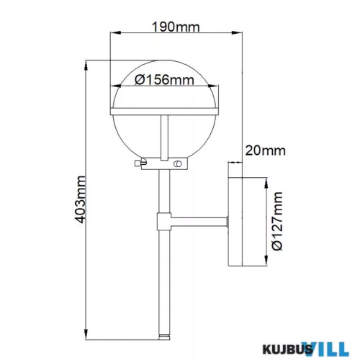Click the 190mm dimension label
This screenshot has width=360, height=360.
click(x=176, y=27)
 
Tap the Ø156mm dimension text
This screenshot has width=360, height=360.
click(x=164, y=80)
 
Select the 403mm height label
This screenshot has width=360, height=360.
click(x=80, y=199)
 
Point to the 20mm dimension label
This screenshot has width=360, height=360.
click(x=265, y=150)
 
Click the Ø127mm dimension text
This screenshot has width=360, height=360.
click(x=277, y=221)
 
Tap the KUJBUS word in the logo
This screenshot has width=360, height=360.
click(x=287, y=349)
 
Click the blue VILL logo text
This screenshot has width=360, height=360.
click(x=327, y=348)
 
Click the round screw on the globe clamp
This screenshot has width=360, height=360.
click(x=178, y=164)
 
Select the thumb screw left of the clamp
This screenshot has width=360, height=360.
click(x=140, y=163)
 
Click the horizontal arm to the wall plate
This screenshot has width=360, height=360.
click(x=199, y=221)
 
